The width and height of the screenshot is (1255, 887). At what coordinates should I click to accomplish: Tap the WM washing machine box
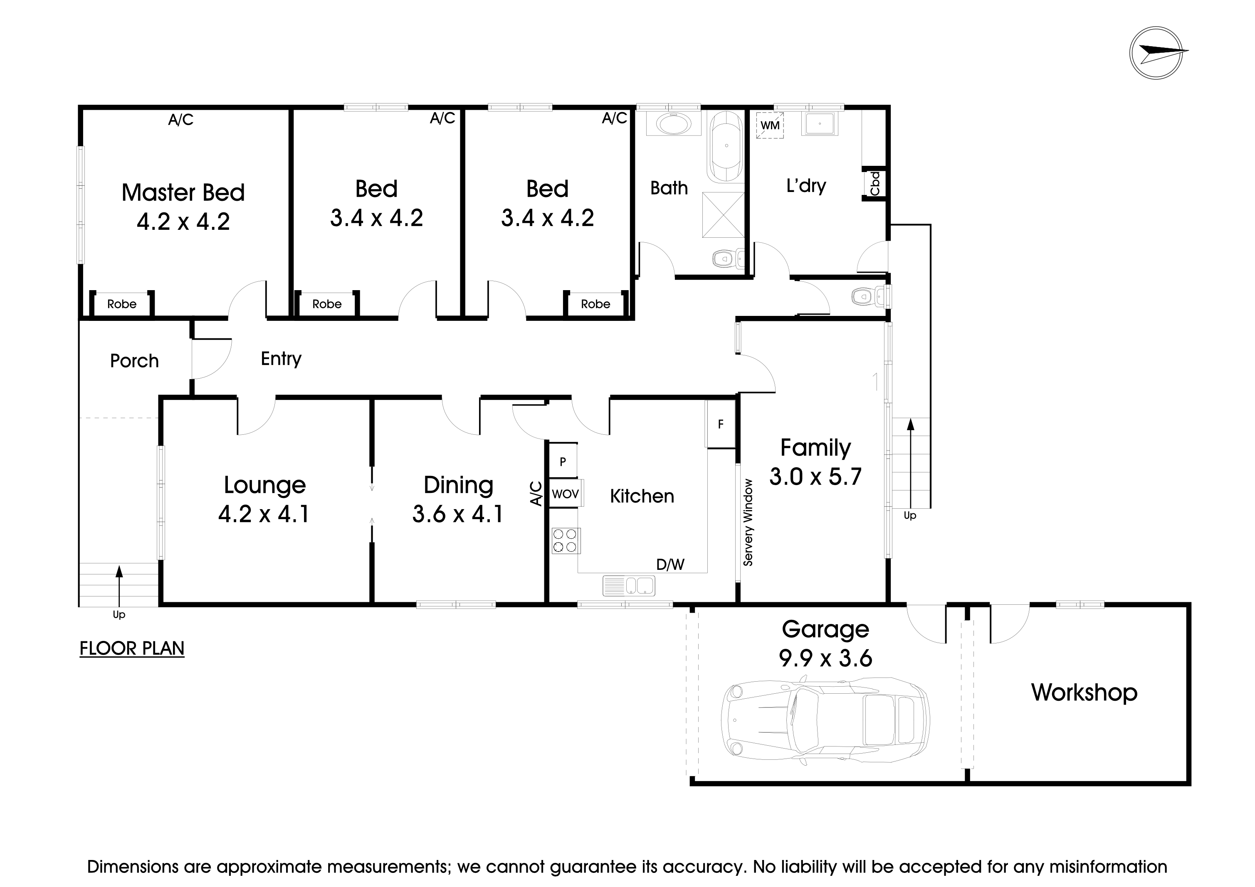coord(770,125)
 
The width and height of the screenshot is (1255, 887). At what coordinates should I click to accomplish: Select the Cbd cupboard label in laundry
coord(875,184)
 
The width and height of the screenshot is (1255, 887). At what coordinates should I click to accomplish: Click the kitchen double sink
coord(629,586)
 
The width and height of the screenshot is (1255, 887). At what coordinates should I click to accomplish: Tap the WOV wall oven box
coord(565,494)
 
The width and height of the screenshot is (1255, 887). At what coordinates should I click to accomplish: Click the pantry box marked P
coord(563,462)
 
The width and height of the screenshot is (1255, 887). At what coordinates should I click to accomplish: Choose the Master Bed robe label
coord(121,304)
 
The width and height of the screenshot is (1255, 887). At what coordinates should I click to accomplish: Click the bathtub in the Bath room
coord(726,146)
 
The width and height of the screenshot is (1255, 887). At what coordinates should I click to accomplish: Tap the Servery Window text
coord(748,522)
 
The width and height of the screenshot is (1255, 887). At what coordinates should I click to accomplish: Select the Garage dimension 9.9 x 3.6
coord(825,658)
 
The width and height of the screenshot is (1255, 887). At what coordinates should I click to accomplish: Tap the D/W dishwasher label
coord(670,564)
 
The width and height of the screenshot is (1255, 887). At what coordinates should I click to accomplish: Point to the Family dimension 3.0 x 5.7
coord(815,477)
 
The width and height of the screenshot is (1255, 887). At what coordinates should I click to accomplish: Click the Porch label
coord(134,361)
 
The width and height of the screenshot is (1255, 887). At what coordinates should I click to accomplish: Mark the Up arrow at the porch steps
coord(119,582)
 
